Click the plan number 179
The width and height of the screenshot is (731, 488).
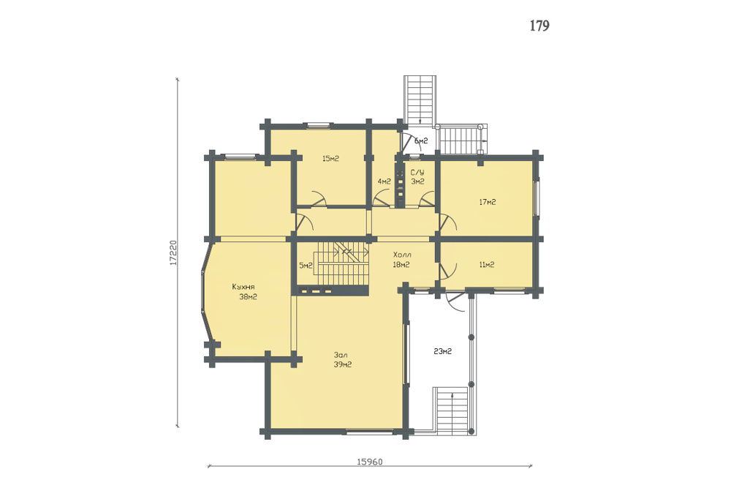point(539,26)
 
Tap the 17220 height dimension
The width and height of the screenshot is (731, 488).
point(173,253)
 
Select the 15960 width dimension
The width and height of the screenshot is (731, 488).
point(370,462)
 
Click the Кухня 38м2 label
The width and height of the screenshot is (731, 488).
point(245,292)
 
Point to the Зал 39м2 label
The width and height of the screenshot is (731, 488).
point(343,360)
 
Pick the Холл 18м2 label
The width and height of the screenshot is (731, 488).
point(402,260)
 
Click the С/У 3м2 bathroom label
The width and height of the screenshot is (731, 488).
point(417,177)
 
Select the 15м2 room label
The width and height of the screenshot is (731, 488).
point(330,159)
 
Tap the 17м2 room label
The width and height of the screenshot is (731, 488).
point(487,202)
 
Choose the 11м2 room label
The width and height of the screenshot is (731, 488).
point(487,265)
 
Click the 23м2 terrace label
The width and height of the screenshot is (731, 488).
point(442,351)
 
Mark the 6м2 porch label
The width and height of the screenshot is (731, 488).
point(421,141)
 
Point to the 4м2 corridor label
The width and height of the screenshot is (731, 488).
point(384,181)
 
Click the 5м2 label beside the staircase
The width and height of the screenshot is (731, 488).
point(306,266)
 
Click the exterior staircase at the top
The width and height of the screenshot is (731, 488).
point(420,100)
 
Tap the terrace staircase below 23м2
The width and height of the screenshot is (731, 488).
point(450,410)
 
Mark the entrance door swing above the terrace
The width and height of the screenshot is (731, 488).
point(455,303)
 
